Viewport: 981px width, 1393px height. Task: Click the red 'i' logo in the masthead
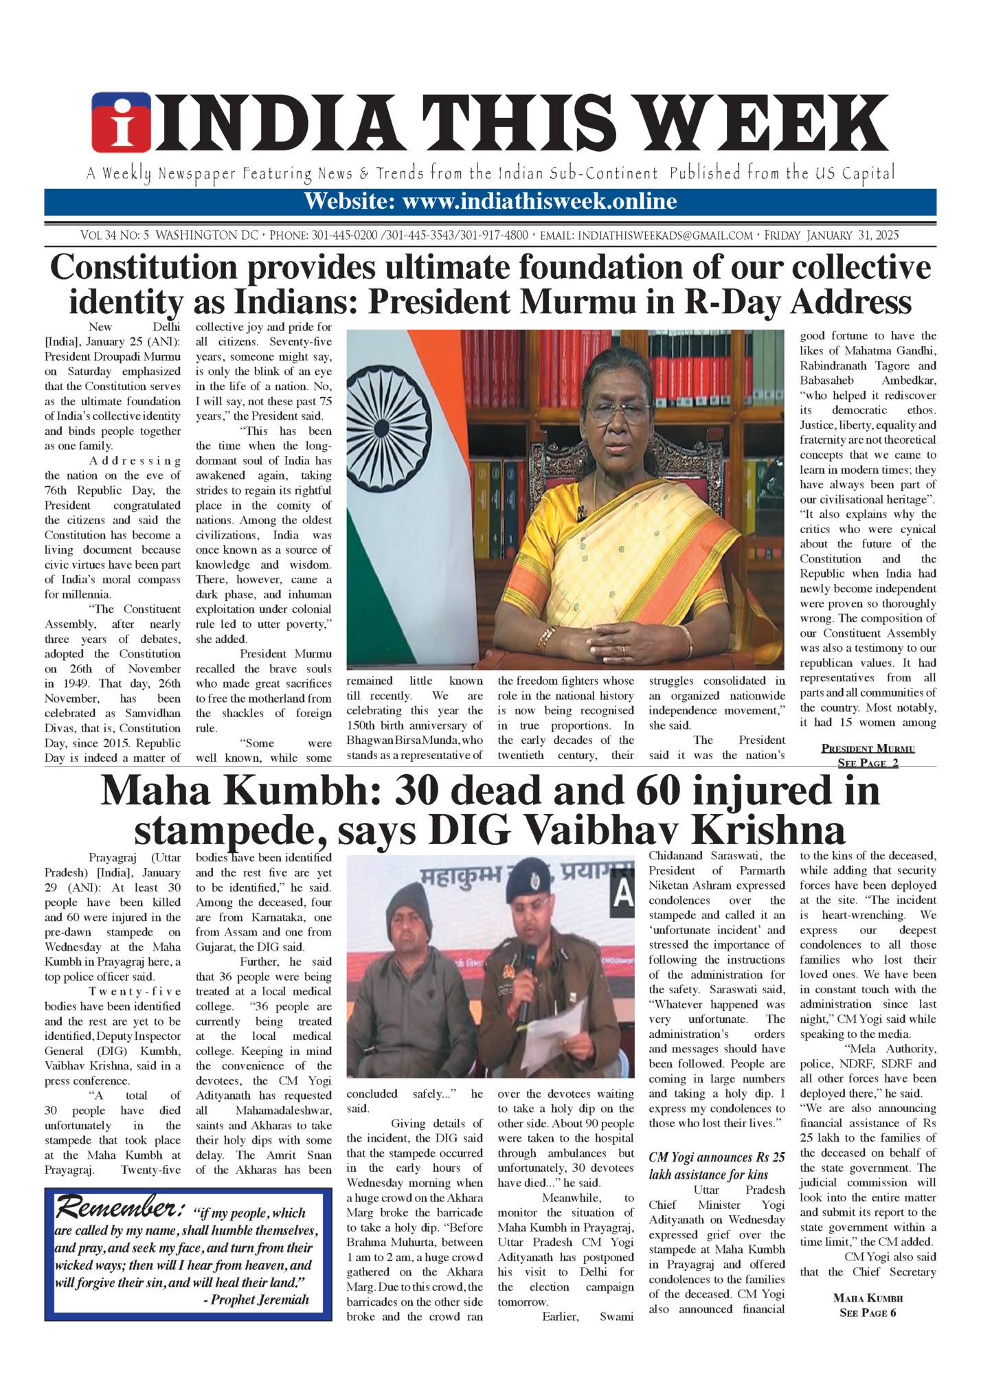(121, 122)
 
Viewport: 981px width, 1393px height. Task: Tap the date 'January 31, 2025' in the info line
(853, 236)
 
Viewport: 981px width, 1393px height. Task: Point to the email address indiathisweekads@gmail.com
(665, 236)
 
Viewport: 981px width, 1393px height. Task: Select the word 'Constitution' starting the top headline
(144, 268)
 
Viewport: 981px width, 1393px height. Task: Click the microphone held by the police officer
(529, 962)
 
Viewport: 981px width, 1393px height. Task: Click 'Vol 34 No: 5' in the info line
(114, 236)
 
